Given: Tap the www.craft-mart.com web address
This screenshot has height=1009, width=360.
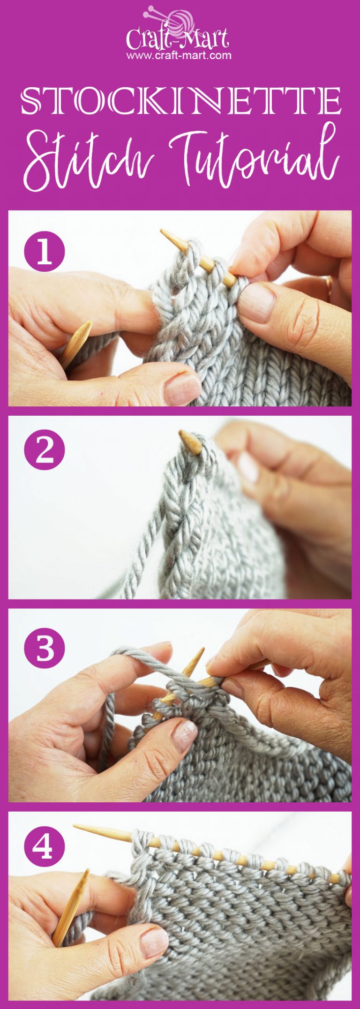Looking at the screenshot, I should point(179,55).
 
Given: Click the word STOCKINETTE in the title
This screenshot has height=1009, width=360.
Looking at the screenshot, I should point(180,100).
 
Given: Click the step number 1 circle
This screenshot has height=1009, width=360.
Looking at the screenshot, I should point(45,252).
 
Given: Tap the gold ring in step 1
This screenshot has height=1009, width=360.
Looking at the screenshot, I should point(329,283).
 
